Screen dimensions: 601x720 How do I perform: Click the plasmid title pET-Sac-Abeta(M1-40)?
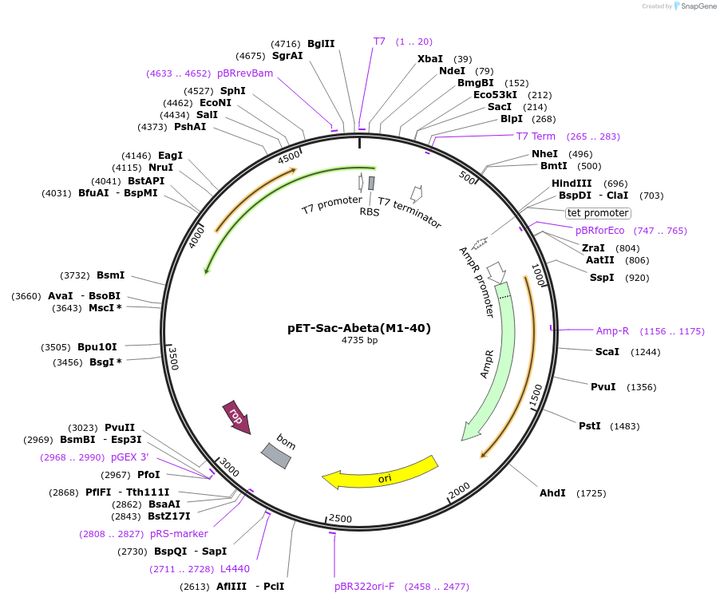tap(359, 328)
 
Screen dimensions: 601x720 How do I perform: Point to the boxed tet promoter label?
tap(598, 213)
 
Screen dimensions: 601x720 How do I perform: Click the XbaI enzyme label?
tap(430, 59)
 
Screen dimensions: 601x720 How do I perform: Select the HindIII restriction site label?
tap(572, 184)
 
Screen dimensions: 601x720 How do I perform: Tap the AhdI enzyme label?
tap(552, 493)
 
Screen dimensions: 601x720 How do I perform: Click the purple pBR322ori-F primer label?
tap(364, 587)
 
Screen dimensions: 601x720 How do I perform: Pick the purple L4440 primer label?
tap(235, 569)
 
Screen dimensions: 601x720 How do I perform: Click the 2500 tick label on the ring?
tap(340, 519)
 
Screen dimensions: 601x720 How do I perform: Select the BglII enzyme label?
tap(321, 44)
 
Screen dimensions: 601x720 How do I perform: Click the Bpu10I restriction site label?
tap(97, 347)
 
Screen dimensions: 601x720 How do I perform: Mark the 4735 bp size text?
tap(359, 341)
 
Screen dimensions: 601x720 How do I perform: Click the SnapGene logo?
tap(692, 6)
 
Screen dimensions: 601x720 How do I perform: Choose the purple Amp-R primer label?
tap(612, 331)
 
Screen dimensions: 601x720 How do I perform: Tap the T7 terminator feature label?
tap(409, 213)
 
